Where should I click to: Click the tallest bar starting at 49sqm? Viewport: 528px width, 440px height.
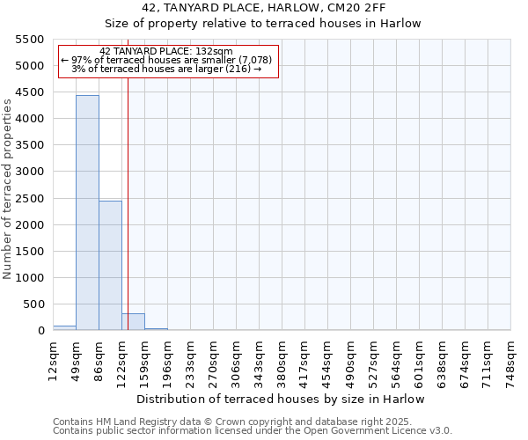tap(87, 213)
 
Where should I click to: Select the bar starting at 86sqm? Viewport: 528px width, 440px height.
tap(110, 266)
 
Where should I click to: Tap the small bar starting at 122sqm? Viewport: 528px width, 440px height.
tap(133, 322)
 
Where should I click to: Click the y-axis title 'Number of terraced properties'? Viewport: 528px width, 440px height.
tap(8, 188)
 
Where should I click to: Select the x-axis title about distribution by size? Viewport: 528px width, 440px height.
tap(281, 399)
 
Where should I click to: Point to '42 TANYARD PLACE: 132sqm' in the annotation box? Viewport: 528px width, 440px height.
tap(166, 52)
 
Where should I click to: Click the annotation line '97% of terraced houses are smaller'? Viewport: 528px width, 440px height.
tap(167, 60)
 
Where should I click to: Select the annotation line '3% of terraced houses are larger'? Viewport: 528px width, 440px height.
tap(166, 69)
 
